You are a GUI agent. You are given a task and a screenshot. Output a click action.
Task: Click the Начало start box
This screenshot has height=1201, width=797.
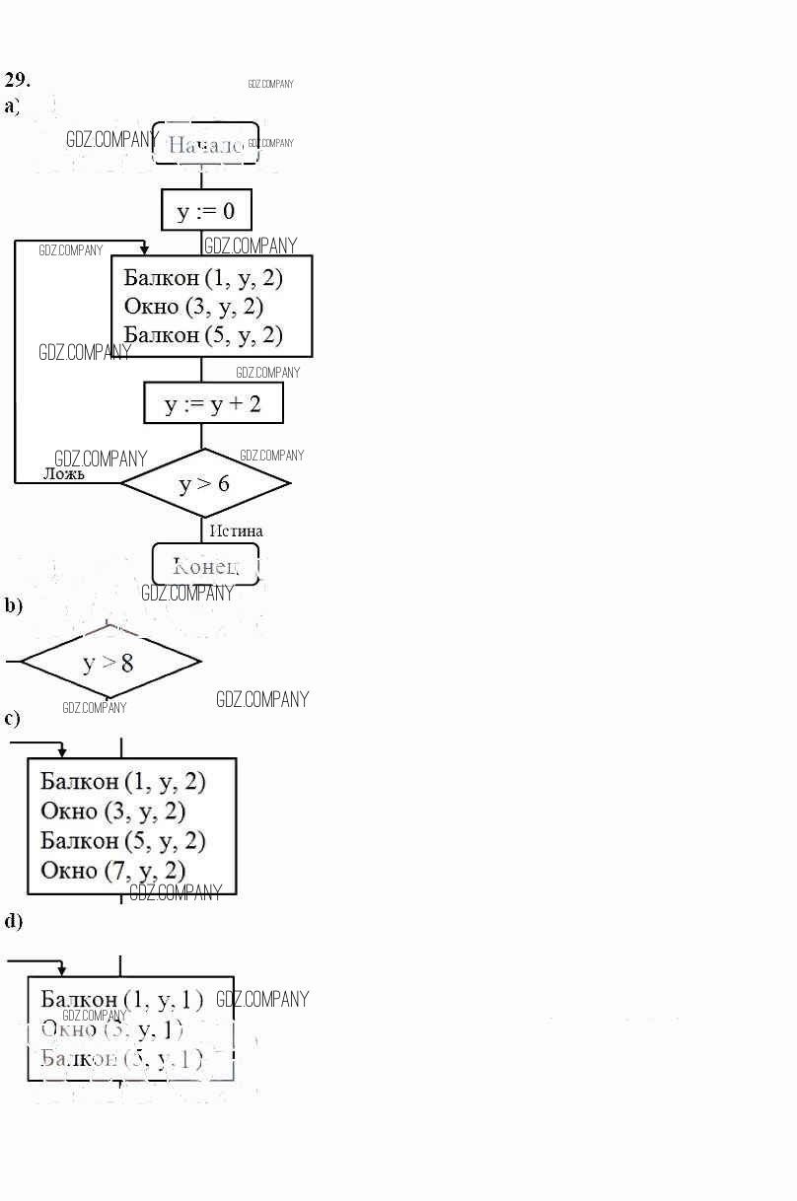click(x=205, y=145)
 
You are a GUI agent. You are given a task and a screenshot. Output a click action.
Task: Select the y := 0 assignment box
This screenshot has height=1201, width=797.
click(x=206, y=210)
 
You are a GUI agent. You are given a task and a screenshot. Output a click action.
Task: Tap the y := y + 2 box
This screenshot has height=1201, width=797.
click(x=213, y=403)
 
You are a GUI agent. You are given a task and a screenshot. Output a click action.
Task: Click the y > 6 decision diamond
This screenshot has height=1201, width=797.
click(x=205, y=483)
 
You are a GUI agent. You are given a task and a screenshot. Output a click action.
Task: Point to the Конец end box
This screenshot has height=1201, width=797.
click(x=205, y=565)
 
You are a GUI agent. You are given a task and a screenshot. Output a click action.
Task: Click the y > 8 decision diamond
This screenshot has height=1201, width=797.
click(x=109, y=662)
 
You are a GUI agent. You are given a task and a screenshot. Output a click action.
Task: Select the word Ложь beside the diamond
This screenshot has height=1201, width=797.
click(x=63, y=473)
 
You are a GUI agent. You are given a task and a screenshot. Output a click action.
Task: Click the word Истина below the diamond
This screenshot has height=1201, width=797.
click(x=236, y=531)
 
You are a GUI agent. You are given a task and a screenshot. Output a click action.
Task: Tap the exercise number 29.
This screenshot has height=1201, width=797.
click(x=17, y=80)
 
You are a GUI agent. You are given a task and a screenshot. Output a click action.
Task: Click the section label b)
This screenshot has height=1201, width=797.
click(x=13, y=605)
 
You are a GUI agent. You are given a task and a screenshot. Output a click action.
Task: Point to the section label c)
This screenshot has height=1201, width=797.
click(x=12, y=718)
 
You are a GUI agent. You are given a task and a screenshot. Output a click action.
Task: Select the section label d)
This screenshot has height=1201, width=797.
click(x=13, y=921)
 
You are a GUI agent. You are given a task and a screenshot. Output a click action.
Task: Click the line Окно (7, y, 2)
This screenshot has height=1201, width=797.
click(x=113, y=870)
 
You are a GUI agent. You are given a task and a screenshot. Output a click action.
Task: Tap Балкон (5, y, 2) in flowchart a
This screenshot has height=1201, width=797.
click(x=203, y=335)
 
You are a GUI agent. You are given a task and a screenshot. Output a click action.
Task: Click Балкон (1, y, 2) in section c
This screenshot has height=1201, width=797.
click(x=122, y=782)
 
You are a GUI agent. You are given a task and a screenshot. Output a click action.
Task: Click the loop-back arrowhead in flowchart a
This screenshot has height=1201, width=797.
click(x=145, y=250)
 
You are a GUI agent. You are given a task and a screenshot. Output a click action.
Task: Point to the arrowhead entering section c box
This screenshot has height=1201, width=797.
click(x=61, y=752)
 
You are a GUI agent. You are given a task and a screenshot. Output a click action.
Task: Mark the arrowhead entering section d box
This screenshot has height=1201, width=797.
click(x=61, y=971)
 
